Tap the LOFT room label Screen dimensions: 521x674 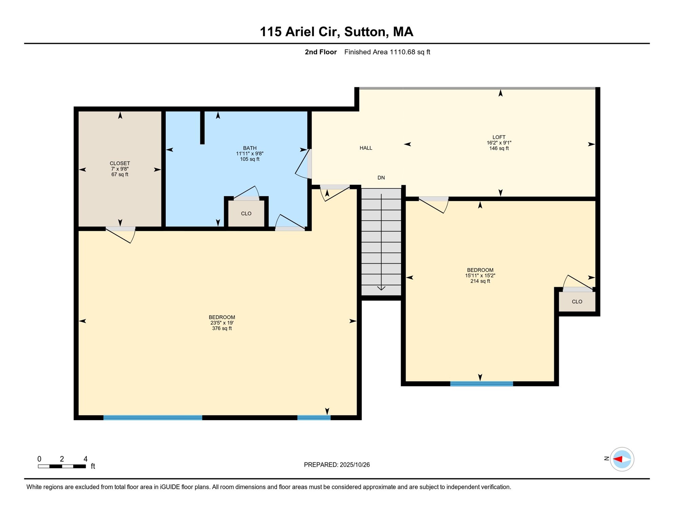[x=499, y=137]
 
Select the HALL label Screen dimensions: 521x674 [x=366, y=148]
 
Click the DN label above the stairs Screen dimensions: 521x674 [x=381, y=178]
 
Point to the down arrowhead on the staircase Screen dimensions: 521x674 [x=381, y=288]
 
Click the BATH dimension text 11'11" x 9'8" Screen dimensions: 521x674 [x=250, y=154]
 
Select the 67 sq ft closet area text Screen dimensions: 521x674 [x=120, y=175]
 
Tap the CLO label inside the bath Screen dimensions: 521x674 [x=246, y=214]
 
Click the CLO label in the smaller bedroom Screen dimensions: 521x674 [x=577, y=302]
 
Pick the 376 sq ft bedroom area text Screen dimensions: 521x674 [x=222, y=328]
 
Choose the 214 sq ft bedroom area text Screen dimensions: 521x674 [x=480, y=281]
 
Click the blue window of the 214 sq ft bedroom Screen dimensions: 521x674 [x=481, y=384]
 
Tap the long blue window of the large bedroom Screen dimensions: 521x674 [x=153, y=418]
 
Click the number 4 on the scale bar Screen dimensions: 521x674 [x=85, y=459]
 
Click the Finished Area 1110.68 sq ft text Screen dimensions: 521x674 [x=387, y=52]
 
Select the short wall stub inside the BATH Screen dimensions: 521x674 [x=202, y=127]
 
